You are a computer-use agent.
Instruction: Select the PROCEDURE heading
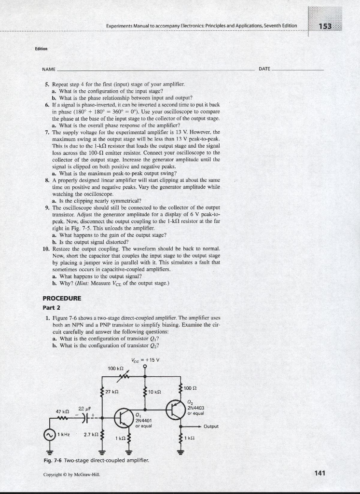click(x=61, y=298)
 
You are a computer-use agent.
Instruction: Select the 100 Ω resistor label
click(x=191, y=387)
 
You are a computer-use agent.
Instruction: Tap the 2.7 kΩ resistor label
click(x=91, y=434)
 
